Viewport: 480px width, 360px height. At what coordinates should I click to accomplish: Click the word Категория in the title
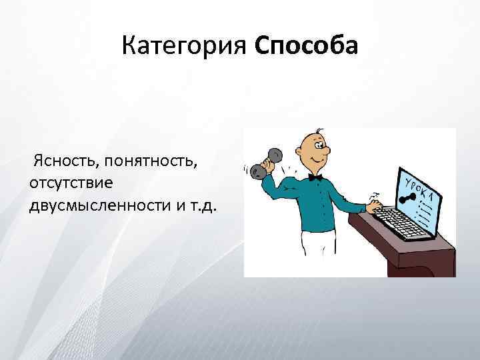click(185, 47)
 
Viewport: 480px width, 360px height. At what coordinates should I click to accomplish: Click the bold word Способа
click(306, 47)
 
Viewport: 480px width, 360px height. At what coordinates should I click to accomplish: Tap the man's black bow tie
click(315, 177)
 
